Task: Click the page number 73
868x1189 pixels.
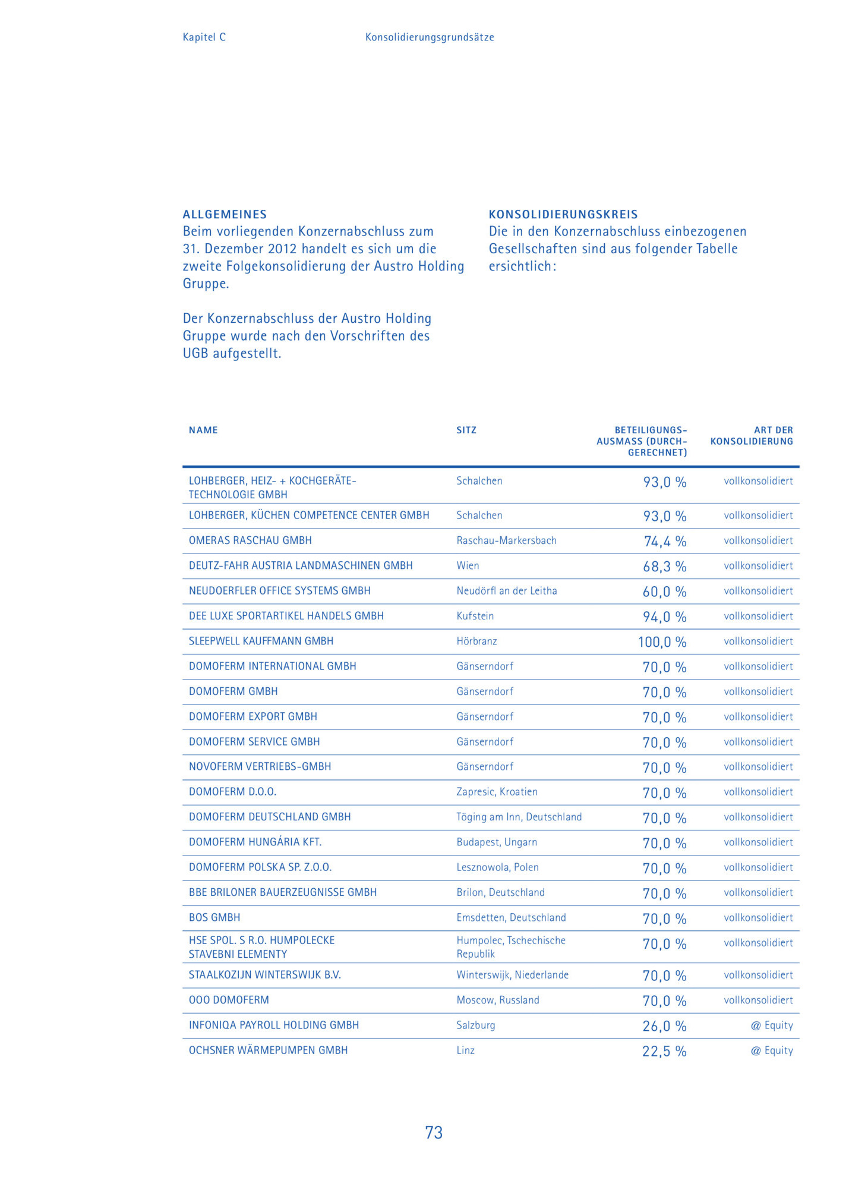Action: click(x=434, y=1133)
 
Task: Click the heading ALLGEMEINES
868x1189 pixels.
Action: click(x=225, y=215)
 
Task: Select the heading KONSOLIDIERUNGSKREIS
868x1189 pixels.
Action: click(x=563, y=215)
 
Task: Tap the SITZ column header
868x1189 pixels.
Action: click(x=466, y=430)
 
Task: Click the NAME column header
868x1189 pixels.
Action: click(x=203, y=430)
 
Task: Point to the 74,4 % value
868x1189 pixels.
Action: click(x=665, y=541)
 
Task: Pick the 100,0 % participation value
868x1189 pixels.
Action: click(x=662, y=642)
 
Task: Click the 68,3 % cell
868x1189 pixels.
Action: click(x=664, y=567)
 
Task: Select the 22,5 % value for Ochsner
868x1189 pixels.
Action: click(x=664, y=1051)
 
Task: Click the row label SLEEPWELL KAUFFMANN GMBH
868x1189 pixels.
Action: click(x=261, y=641)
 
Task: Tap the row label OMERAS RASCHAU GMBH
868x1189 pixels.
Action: click(x=250, y=540)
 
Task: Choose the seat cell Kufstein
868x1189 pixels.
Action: click(x=475, y=616)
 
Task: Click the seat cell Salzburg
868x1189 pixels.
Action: click(x=475, y=1025)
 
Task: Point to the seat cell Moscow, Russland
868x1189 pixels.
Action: click(x=498, y=1000)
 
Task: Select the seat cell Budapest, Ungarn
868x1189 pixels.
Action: click(x=497, y=842)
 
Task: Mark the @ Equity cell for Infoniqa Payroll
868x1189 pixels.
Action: click(x=772, y=1025)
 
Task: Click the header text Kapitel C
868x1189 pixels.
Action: click(x=204, y=37)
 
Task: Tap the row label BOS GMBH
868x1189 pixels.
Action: click(x=214, y=917)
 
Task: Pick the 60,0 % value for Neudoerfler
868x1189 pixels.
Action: click(x=664, y=592)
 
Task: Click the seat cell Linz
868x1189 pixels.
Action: click(x=465, y=1050)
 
